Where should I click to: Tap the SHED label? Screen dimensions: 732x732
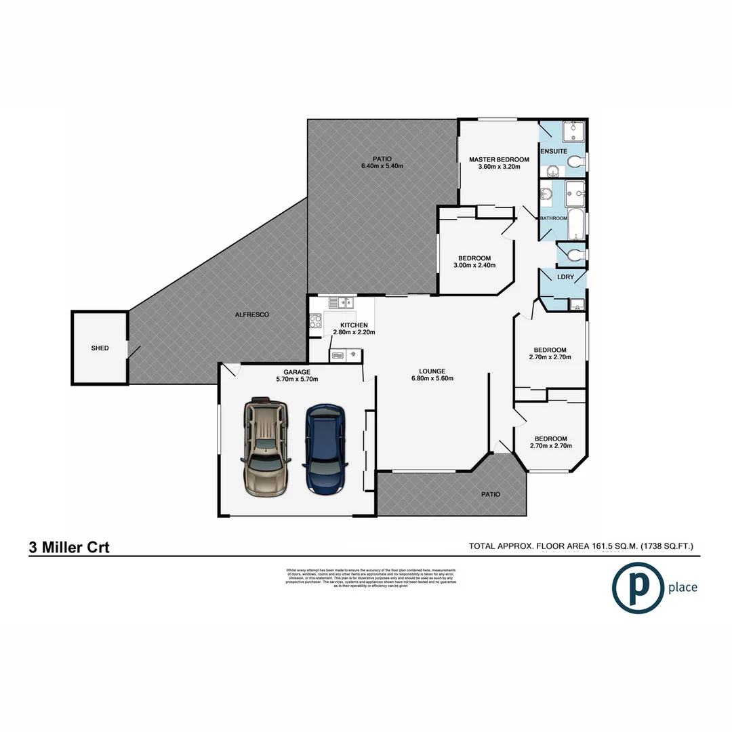click(x=100, y=348)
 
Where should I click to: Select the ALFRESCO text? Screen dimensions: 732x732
click(x=252, y=315)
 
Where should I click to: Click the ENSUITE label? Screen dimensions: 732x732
click(x=554, y=150)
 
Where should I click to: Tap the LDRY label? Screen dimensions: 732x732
click(x=565, y=277)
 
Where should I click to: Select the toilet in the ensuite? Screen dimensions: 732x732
click(x=575, y=161)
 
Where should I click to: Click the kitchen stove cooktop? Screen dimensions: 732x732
click(x=316, y=322)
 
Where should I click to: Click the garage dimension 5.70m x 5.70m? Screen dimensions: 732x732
click(x=297, y=380)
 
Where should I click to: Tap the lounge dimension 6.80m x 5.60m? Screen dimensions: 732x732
click(x=432, y=379)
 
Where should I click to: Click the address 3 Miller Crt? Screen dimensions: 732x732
click(x=69, y=548)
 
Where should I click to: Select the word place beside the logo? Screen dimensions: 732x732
click(x=682, y=587)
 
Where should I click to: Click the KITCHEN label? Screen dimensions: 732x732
click(x=354, y=325)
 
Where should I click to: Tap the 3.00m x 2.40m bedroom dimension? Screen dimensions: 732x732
click(x=474, y=265)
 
